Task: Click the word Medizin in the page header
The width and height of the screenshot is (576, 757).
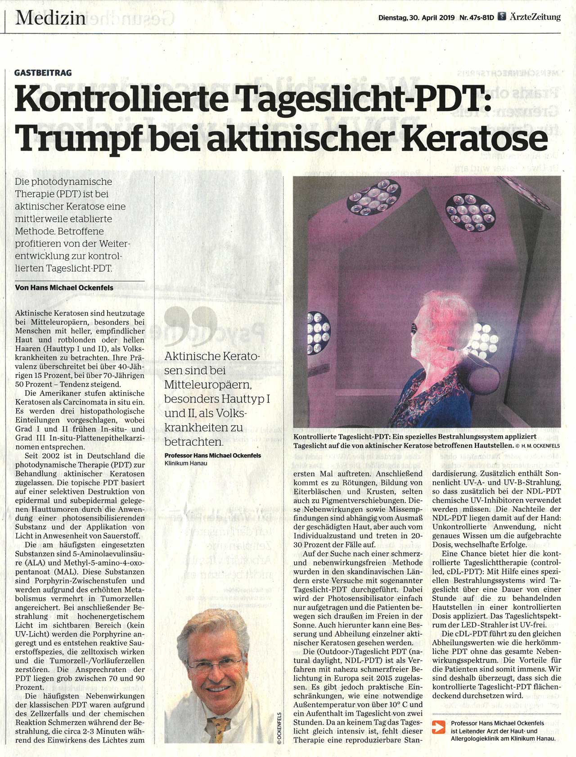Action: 50,18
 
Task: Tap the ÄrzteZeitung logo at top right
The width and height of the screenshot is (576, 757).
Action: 531,18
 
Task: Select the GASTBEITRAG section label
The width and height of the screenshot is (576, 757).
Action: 43,73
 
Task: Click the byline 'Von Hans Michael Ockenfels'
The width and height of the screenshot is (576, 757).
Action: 64,287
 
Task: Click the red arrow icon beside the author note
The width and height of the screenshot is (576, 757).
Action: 438,728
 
